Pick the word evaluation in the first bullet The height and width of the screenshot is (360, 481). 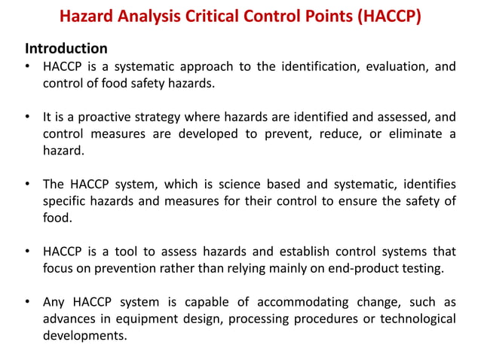(397, 67)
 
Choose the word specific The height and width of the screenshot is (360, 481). (66, 200)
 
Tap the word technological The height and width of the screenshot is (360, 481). (418, 319)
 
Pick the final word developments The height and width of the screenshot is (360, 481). (84, 336)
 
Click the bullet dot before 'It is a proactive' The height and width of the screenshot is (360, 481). (26, 117)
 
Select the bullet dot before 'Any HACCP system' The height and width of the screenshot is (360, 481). (26, 303)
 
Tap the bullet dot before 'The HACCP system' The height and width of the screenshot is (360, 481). (26, 185)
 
